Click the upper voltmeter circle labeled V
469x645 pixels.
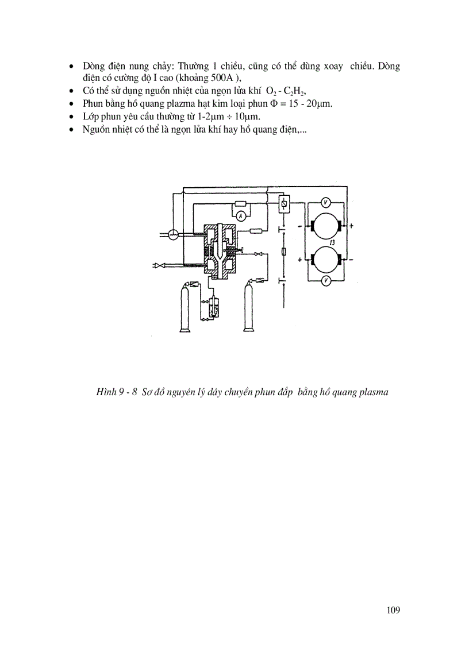325,202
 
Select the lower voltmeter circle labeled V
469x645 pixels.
325,280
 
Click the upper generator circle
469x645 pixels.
326,226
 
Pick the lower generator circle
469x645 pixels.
326,260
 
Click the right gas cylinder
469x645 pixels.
249,309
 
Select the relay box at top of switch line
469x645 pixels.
283,203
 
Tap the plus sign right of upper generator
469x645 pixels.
351,226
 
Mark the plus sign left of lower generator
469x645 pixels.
301,260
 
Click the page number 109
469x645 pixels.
393,610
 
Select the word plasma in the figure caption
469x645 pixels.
374,393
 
